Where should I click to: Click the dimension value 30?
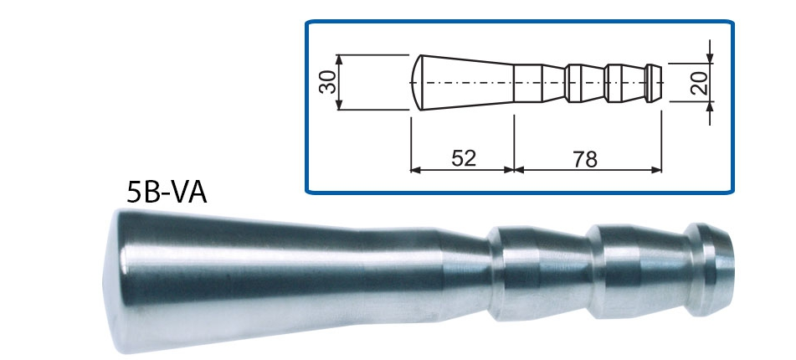(x=329, y=81)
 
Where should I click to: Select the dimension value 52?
(x=462, y=158)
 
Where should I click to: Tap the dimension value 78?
(x=586, y=158)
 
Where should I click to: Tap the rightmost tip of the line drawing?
(x=661, y=82)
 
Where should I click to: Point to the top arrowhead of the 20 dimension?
(x=710, y=58)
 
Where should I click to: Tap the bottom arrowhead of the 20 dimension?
(x=710, y=106)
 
